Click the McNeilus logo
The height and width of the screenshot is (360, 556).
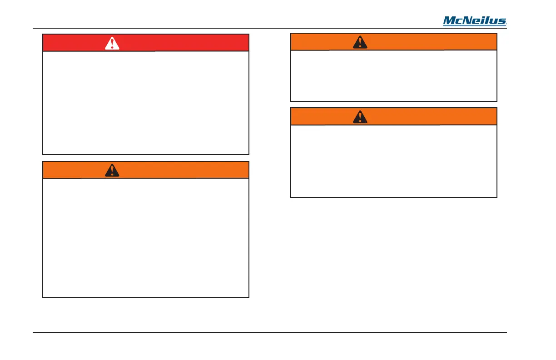(475, 21)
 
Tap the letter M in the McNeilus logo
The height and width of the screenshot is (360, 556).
(449, 21)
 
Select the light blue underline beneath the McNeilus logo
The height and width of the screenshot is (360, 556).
(475, 25)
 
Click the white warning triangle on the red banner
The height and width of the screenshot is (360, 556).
(112, 43)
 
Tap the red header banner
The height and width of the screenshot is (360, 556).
(182, 43)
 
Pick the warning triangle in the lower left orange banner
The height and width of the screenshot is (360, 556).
(112, 170)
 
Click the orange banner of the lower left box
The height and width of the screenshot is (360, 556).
(182, 170)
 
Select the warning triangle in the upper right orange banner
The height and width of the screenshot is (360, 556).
(360, 42)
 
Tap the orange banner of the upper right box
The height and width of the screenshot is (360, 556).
(432, 42)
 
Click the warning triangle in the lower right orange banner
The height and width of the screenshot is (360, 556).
(360, 117)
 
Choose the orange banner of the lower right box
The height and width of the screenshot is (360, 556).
(432, 116)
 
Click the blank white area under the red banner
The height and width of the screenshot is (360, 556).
(146, 103)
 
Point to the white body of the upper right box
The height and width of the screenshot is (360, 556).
(393, 75)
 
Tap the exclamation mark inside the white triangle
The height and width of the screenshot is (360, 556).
(112, 44)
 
